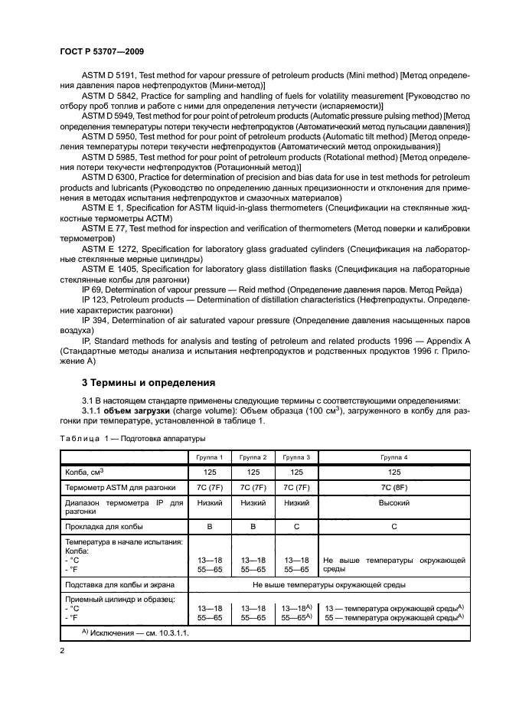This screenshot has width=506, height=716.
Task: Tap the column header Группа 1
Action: tap(209, 456)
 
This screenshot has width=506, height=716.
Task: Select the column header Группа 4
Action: tap(393, 456)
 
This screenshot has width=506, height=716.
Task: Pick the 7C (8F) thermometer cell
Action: tap(393, 487)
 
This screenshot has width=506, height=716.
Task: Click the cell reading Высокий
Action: tap(393, 503)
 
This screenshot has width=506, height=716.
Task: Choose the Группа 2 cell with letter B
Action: tap(253, 527)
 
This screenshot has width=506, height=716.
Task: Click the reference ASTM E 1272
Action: tap(114, 249)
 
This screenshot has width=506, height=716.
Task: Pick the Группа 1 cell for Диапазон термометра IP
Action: tap(209, 503)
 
